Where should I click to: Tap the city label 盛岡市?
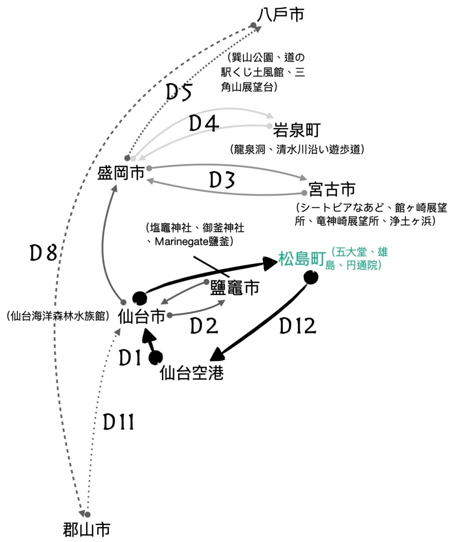click(x=121, y=173)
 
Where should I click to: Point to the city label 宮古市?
click(x=333, y=189)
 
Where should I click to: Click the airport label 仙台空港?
click(x=191, y=373)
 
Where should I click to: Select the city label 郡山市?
click(x=86, y=529)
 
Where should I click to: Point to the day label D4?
click(x=204, y=124)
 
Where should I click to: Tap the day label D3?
click(x=222, y=180)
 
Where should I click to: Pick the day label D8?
click(x=43, y=254)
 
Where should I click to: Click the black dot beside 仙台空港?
click(x=155, y=359)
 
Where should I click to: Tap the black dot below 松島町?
click(x=311, y=277)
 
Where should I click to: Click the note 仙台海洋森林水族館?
click(x=58, y=316)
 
